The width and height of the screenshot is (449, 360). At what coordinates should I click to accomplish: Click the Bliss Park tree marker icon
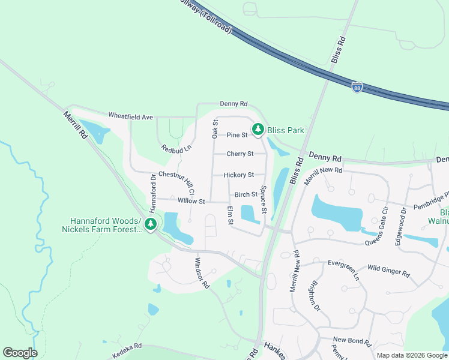(258, 129)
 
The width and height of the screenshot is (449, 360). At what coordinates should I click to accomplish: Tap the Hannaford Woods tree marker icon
(151, 224)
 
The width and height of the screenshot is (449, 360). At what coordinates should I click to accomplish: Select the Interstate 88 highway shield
(357, 88)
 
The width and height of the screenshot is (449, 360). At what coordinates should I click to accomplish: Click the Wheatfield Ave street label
(131, 116)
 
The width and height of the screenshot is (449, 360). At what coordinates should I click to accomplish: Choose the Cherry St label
(240, 154)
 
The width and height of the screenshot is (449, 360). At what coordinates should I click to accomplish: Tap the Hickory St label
(238, 175)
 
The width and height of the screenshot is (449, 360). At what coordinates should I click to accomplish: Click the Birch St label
(246, 194)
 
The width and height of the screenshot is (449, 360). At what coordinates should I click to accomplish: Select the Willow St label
(191, 201)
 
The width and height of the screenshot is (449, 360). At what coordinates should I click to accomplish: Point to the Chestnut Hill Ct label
(176, 182)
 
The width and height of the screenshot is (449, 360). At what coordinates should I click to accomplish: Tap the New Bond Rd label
(352, 341)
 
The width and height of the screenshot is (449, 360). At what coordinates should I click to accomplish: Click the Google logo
(20, 353)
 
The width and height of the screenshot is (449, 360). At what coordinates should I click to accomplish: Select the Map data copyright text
(412, 355)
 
